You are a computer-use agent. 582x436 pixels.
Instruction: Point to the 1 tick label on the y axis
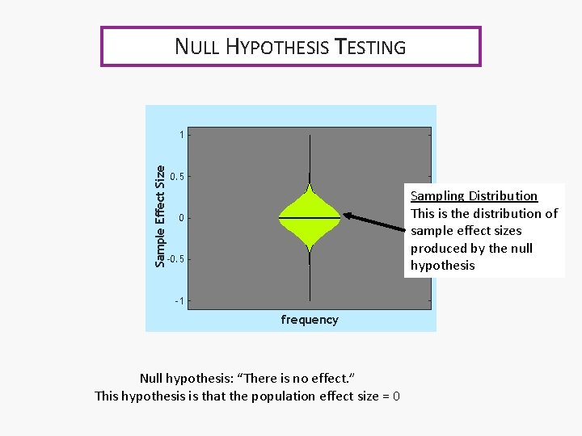tap(182, 134)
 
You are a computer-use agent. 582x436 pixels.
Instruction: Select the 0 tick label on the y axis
tap(182, 218)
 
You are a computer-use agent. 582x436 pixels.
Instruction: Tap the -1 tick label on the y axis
tap(180, 301)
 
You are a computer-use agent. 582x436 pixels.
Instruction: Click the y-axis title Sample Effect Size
tap(160, 216)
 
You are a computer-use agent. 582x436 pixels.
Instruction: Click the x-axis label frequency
tap(310, 320)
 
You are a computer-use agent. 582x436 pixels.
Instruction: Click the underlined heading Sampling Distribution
tap(474, 196)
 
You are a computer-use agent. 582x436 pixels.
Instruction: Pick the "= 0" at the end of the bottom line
tap(391, 396)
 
